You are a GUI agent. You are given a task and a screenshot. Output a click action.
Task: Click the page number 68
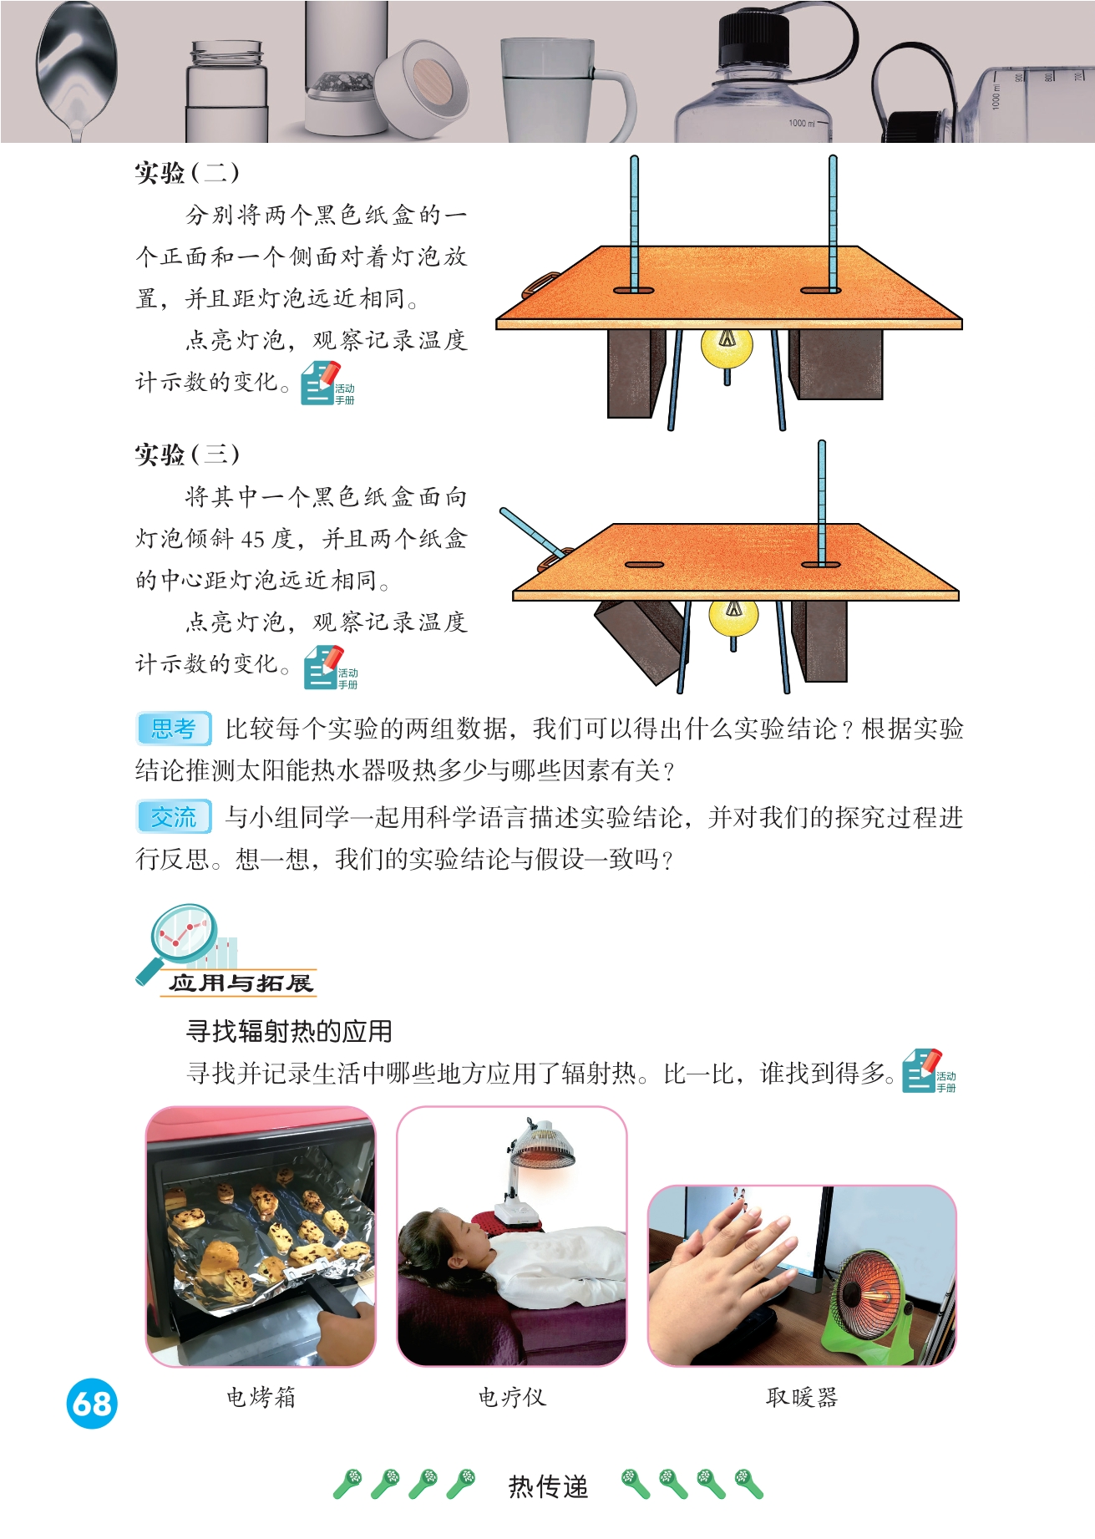click(x=92, y=1403)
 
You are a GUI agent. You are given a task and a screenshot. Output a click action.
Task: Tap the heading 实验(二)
click(x=187, y=173)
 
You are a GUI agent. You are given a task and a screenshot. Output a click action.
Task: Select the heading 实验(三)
click(x=187, y=455)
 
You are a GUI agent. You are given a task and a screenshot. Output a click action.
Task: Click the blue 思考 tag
click(x=174, y=729)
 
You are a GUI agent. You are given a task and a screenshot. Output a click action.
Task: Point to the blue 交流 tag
click(x=174, y=816)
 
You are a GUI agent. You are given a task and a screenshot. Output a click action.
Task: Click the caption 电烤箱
click(x=261, y=1397)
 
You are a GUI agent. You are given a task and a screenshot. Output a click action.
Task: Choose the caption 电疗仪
click(x=512, y=1397)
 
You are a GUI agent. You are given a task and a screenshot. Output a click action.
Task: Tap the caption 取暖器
click(x=802, y=1397)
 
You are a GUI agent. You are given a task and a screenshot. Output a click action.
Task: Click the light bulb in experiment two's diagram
click(x=727, y=348)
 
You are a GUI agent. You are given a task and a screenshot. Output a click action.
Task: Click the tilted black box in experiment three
click(x=641, y=637)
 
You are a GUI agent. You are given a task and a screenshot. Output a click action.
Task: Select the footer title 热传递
click(x=549, y=1486)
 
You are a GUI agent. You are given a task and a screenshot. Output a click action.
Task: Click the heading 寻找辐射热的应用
click(x=289, y=1031)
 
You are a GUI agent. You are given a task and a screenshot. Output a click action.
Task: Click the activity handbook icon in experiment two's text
click(x=327, y=383)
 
